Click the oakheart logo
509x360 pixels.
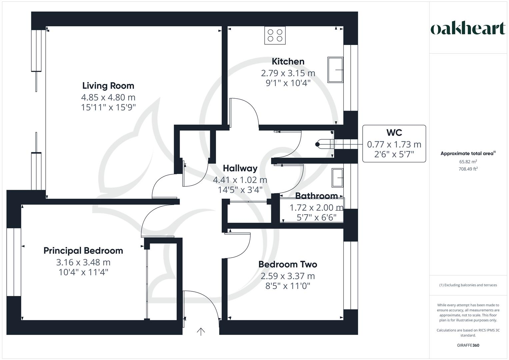468,28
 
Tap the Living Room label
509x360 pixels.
108,86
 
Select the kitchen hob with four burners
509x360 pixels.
275,35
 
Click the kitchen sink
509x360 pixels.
335,70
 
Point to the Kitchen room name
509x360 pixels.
288,61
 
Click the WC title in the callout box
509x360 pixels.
394,133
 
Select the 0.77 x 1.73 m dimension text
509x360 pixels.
394,144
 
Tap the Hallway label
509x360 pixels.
240,168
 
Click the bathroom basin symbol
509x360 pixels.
337,178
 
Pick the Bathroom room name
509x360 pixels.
316,196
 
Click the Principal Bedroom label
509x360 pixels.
83,251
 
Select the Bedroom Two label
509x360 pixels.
288,264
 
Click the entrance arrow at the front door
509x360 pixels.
201,331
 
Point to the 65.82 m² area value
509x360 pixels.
468,162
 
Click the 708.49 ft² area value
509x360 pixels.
468,169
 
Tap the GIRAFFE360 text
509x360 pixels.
468,345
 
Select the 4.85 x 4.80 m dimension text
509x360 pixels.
108,97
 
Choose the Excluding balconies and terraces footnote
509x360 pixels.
468,285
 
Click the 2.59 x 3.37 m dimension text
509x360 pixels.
288,276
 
